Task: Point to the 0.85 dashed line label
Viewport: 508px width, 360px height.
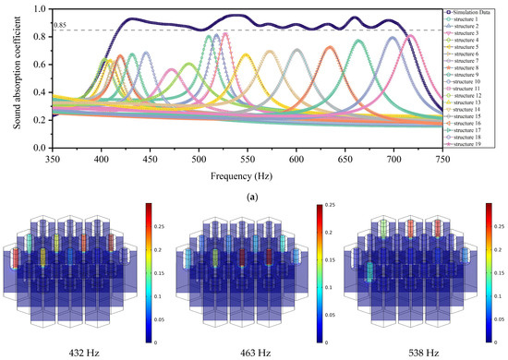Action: click(x=61, y=25)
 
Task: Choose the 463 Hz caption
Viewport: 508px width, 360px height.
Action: click(x=252, y=352)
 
